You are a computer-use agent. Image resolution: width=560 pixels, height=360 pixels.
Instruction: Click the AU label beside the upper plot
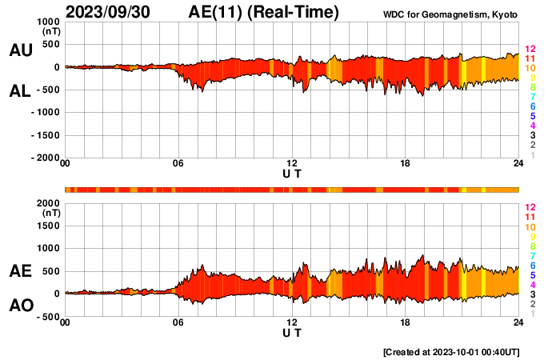tap(20, 50)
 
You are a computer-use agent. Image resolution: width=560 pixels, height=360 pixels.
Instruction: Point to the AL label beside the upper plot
tap(20, 91)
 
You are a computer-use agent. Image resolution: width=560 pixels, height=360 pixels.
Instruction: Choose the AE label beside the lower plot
tap(20, 271)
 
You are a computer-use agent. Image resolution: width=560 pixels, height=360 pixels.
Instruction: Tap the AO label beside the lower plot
tap(20, 305)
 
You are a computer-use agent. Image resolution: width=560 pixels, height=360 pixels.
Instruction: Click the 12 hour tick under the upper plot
tap(292, 164)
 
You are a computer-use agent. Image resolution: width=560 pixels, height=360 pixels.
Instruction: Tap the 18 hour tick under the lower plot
tap(406, 322)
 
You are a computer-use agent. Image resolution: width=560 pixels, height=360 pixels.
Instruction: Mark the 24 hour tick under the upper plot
tap(518, 164)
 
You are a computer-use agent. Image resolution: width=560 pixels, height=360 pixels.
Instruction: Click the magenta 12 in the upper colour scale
tap(529, 49)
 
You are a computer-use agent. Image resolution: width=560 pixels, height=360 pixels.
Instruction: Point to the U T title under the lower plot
tap(292, 331)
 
